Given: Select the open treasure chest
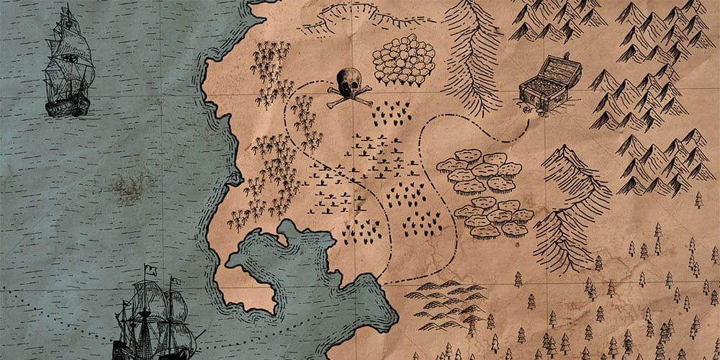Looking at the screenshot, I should (x=551, y=85).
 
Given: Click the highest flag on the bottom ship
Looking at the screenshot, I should (x=149, y=270).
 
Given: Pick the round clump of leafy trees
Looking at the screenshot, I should (x=404, y=58).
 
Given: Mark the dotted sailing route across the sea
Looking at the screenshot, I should (x=58, y=306).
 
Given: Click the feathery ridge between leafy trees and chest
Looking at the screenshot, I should (x=472, y=54).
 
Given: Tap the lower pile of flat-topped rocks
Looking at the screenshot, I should (x=493, y=217).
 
